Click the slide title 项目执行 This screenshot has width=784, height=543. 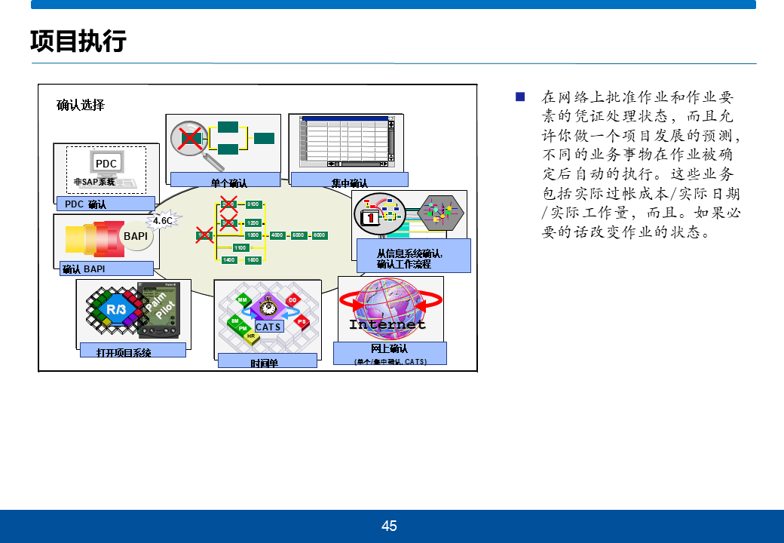tap(78, 41)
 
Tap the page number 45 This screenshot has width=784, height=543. tap(389, 526)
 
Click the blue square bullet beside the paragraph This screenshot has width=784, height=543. tap(519, 97)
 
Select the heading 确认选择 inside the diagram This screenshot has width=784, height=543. tap(81, 105)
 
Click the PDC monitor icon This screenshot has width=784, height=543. tap(106, 164)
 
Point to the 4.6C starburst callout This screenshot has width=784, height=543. tap(163, 220)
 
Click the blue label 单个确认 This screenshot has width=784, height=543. tap(228, 181)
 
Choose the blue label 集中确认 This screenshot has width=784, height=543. tap(349, 181)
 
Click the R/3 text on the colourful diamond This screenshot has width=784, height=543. tap(116, 309)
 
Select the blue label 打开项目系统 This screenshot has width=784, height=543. tap(124, 352)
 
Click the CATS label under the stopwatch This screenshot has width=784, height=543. tap(268, 327)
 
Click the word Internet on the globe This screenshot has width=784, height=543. tap(387, 324)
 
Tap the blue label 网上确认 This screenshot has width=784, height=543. tap(390, 348)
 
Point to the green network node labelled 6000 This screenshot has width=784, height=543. tap(320, 235)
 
